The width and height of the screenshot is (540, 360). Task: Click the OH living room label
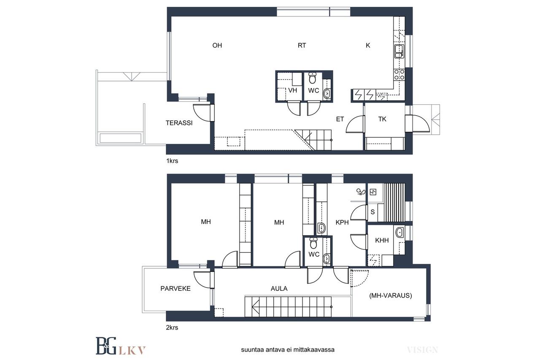[x=217, y=45]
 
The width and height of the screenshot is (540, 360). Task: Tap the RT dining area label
[x=302, y=45]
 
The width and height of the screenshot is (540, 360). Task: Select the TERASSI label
[x=179, y=123]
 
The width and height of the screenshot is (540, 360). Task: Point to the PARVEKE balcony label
[x=175, y=288]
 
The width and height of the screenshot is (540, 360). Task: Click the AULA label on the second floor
[x=279, y=288]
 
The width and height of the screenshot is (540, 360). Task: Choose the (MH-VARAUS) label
[x=391, y=295]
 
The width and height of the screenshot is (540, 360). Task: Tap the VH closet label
[x=293, y=90]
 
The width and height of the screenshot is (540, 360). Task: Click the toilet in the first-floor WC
[x=313, y=78]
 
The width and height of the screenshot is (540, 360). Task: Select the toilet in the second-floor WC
[x=313, y=243]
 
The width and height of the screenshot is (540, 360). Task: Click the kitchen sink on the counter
[x=399, y=51]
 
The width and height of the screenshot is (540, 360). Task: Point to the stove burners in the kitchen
[x=399, y=75]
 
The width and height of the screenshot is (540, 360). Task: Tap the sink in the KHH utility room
[x=399, y=233]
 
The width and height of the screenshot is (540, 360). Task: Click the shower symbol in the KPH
[x=361, y=192]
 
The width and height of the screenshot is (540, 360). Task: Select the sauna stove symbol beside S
[x=373, y=192]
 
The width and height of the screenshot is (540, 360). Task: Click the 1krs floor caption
[x=172, y=161]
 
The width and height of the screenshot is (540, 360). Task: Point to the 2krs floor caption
[x=172, y=328]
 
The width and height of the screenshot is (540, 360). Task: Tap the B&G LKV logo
[x=121, y=346]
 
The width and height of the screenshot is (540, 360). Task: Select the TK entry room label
[x=382, y=119]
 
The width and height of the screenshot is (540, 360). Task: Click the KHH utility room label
[x=382, y=241]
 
